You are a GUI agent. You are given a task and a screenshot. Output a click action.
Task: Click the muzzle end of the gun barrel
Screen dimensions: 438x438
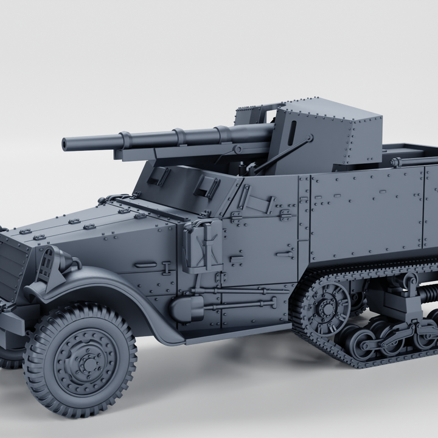(x=65, y=145)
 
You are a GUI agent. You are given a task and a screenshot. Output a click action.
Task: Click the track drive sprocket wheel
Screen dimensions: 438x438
(x=327, y=305)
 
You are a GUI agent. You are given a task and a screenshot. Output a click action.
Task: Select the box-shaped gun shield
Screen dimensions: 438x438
(x=328, y=134)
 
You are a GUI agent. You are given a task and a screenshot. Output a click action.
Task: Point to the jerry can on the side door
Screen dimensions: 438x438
(x=204, y=245)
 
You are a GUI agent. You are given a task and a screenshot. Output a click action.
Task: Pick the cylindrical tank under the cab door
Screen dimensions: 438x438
(x=185, y=309)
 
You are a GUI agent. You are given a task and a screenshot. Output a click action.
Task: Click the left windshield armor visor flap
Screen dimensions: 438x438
(x=159, y=176)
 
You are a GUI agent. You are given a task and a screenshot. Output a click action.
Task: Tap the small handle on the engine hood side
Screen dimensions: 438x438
(x=145, y=265)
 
